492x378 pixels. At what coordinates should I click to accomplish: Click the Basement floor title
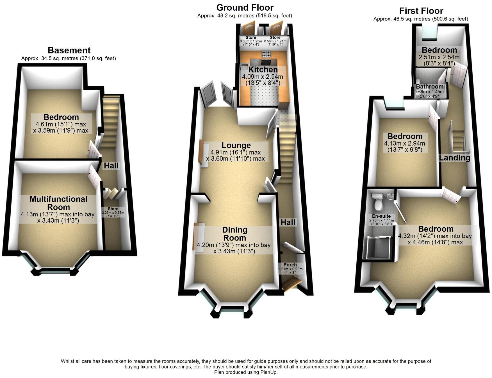[69, 50]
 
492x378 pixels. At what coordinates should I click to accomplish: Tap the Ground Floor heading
[245, 8]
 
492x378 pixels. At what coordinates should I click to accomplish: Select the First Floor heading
[421, 11]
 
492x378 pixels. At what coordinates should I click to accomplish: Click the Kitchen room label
[263, 69]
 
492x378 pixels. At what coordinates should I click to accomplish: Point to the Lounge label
[236, 145]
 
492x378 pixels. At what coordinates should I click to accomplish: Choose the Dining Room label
[234, 234]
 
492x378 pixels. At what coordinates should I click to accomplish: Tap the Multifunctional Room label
[58, 203]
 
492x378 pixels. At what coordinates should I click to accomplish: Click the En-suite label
[381, 216]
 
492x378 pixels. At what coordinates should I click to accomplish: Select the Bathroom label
[430, 87]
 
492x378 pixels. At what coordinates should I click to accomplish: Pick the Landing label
[454, 158]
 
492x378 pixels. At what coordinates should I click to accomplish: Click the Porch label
[290, 265]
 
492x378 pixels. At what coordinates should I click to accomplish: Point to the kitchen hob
[266, 54]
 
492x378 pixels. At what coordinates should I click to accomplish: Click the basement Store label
[113, 209]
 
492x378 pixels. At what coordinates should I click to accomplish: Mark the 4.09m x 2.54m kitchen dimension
[263, 77]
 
